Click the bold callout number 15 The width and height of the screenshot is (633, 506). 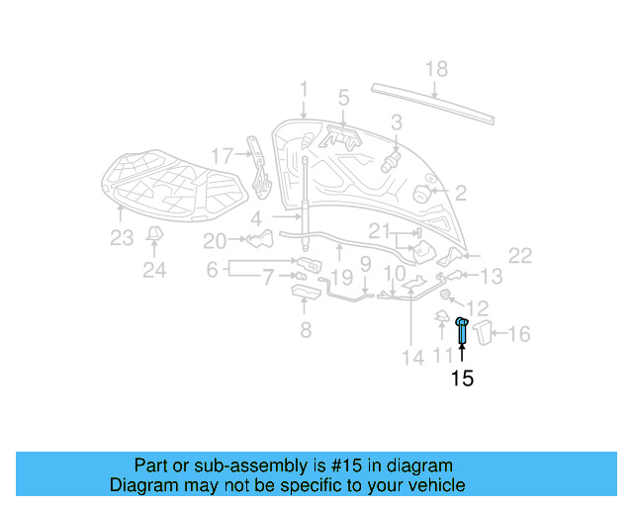[462, 379]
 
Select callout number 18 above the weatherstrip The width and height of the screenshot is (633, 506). [436, 69]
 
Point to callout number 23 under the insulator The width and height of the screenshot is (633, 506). [121, 237]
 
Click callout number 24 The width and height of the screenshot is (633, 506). [154, 269]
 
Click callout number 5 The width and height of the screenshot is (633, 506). [343, 98]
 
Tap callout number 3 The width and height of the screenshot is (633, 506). [396, 123]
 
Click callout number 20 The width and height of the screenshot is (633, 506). [215, 240]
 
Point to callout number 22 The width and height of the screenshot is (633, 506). [520, 256]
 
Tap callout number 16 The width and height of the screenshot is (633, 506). [519, 334]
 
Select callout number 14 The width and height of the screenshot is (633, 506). [409, 356]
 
